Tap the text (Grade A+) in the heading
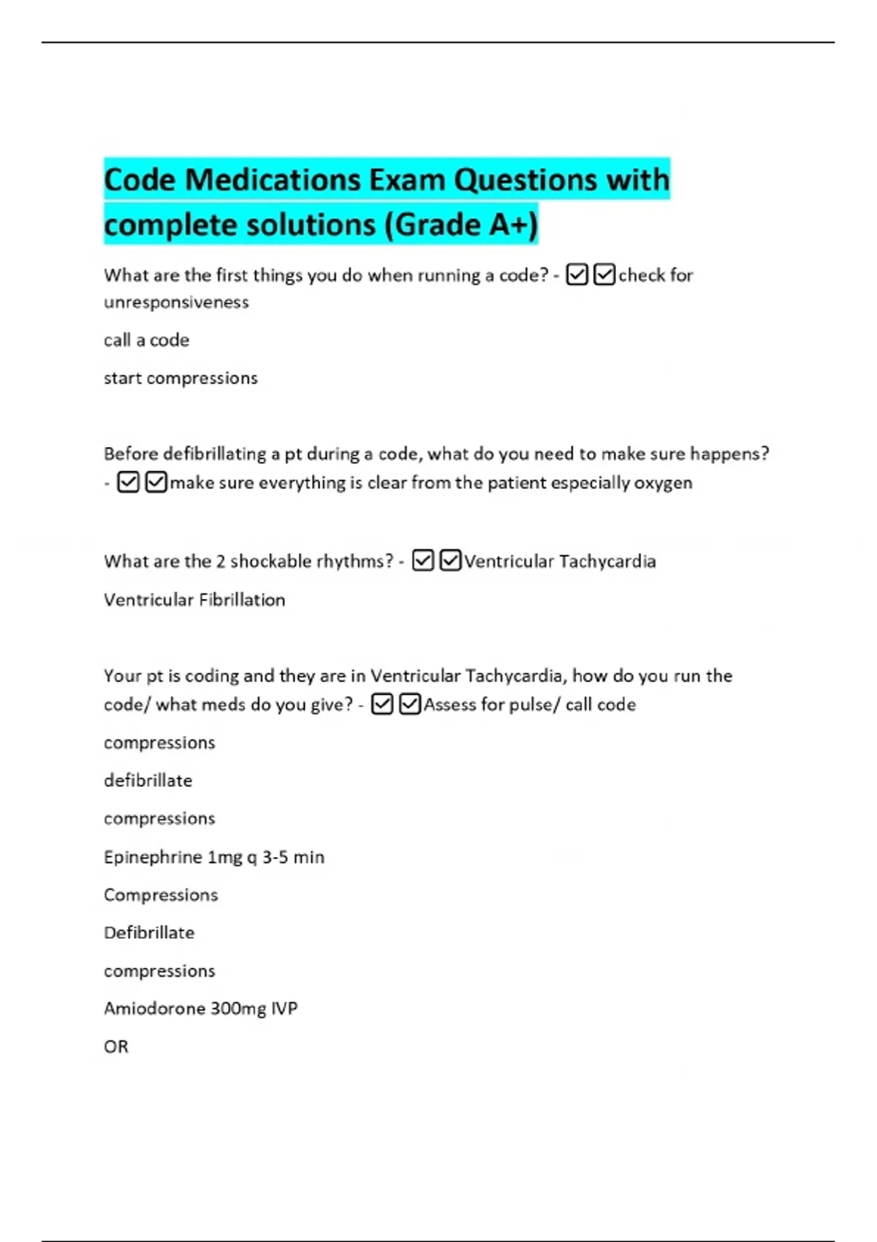pos(462,224)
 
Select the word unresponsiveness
pos(176,302)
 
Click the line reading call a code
pos(146,340)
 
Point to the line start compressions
pos(181,378)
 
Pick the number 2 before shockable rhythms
pos(220,562)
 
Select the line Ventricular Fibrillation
pos(194,600)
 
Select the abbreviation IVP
pos(284,1009)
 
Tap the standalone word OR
pos(116,1047)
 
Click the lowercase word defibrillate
pos(148,781)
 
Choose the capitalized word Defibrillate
pos(149,933)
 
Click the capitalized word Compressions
pos(161,895)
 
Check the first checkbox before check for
pos(577,275)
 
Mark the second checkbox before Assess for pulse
pos(410,704)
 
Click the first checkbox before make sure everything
pos(128,482)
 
